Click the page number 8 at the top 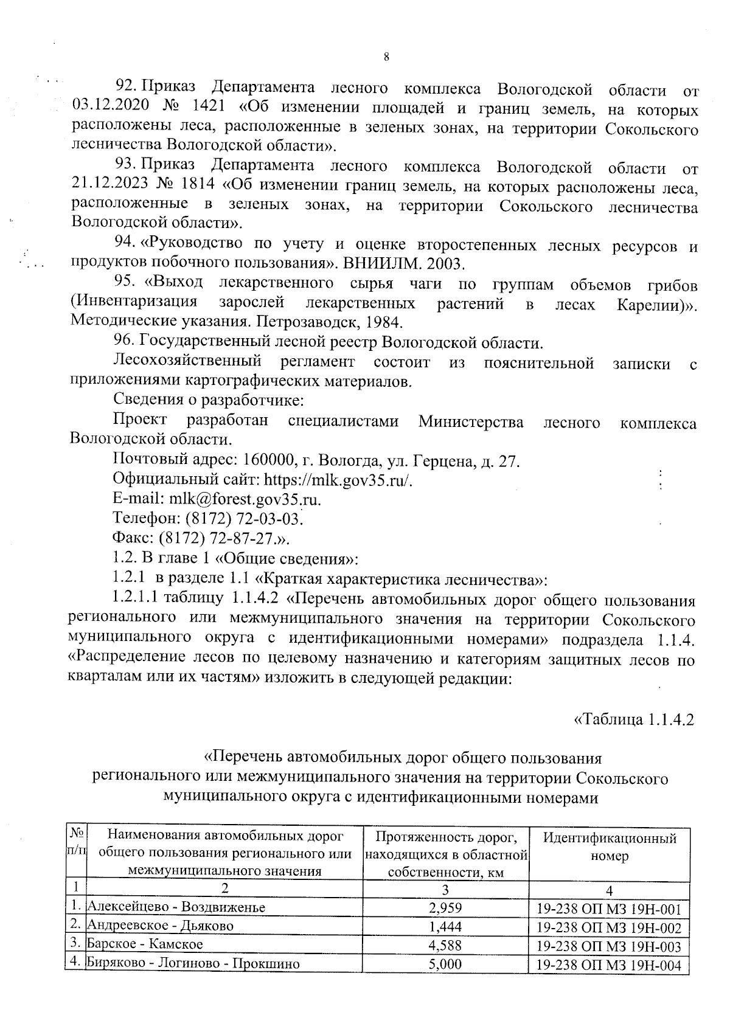[386, 57]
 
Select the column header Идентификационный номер [610, 847]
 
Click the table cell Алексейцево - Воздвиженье [177, 907]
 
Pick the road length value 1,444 [445, 926]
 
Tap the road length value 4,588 [445, 945]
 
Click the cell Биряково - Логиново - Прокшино [193, 964]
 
